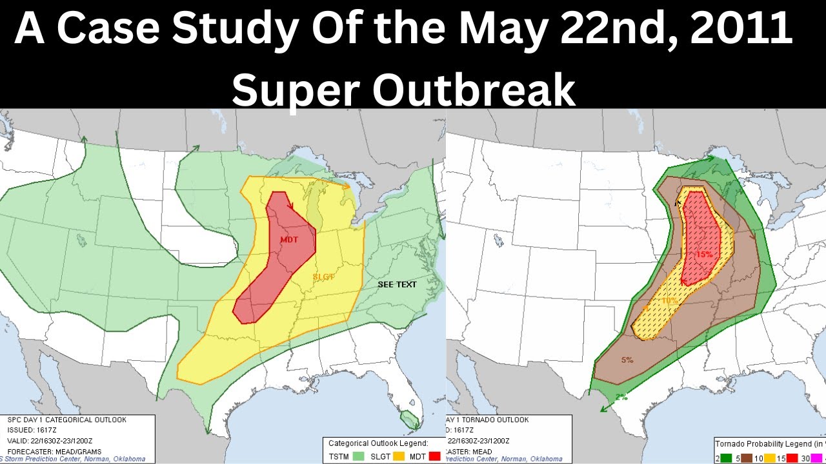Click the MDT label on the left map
pos(289,240)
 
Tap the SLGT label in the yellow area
pos(324,277)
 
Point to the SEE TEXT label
pos(397,284)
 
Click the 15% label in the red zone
pos(704,254)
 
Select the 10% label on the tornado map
pos(669,300)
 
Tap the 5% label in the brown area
pos(627,360)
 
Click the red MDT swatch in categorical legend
pos(434,456)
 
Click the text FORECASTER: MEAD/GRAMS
pos(48,452)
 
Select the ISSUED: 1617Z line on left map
pos(35,430)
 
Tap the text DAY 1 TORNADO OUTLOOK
pos(487,420)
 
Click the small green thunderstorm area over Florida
pos(408,420)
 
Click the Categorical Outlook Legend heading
pos(378,443)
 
